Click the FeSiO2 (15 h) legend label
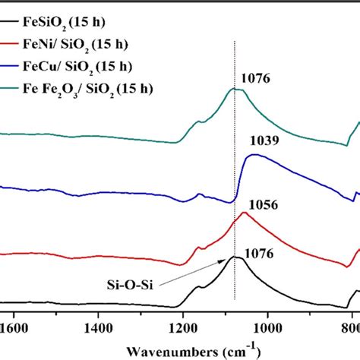[x=65, y=11]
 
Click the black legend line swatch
[x=10, y=11]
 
